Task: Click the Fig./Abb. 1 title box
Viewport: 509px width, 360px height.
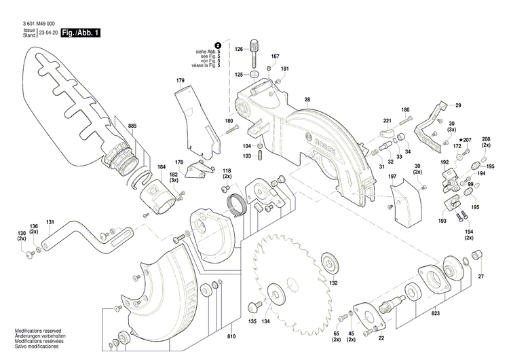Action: click(80, 33)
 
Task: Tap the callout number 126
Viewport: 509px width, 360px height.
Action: click(239, 50)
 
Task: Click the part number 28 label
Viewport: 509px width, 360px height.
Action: click(307, 100)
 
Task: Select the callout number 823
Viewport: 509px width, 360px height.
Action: click(435, 313)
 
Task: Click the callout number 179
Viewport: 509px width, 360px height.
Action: click(180, 81)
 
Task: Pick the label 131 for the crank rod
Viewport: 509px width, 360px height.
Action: click(50, 222)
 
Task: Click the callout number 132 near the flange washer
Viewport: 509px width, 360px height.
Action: click(333, 283)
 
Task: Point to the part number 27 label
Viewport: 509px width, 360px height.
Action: click(481, 276)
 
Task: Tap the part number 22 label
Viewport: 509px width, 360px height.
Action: click(381, 338)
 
